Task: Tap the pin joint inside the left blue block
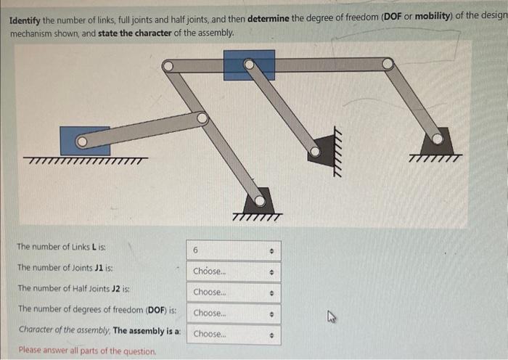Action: point(82,141)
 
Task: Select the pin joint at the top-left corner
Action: point(168,66)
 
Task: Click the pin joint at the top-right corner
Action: point(388,64)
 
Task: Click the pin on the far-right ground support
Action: point(438,137)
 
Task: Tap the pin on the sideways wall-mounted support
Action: point(314,152)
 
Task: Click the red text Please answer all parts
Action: point(87,351)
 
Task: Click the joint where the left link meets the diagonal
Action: point(202,117)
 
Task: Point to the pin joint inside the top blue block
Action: point(249,65)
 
